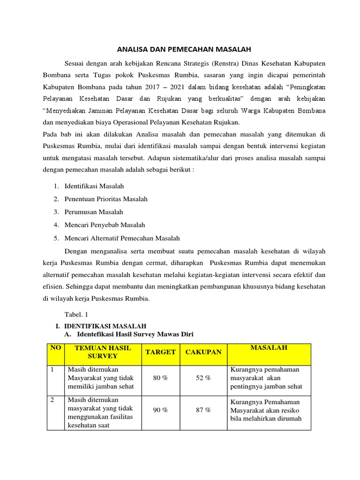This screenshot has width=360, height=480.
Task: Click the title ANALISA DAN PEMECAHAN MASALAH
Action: (184, 49)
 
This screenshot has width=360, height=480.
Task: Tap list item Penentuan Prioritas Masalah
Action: (106, 199)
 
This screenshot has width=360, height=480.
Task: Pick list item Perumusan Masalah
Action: (94, 212)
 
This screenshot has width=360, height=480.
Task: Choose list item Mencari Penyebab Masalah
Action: (105, 225)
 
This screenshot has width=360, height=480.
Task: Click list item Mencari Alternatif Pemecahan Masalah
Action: (122, 238)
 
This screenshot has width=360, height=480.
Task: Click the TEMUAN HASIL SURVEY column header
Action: (103, 352)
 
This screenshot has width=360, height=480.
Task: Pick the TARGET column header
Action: (160, 352)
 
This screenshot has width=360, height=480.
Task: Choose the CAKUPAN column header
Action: (203, 352)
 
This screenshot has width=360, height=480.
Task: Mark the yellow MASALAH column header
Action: (269, 348)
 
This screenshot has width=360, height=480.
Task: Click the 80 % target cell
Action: (160, 378)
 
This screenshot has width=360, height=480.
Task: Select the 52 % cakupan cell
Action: (203, 378)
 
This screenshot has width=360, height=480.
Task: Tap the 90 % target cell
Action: (160, 410)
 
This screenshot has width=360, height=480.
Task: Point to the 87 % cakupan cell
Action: (203, 410)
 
